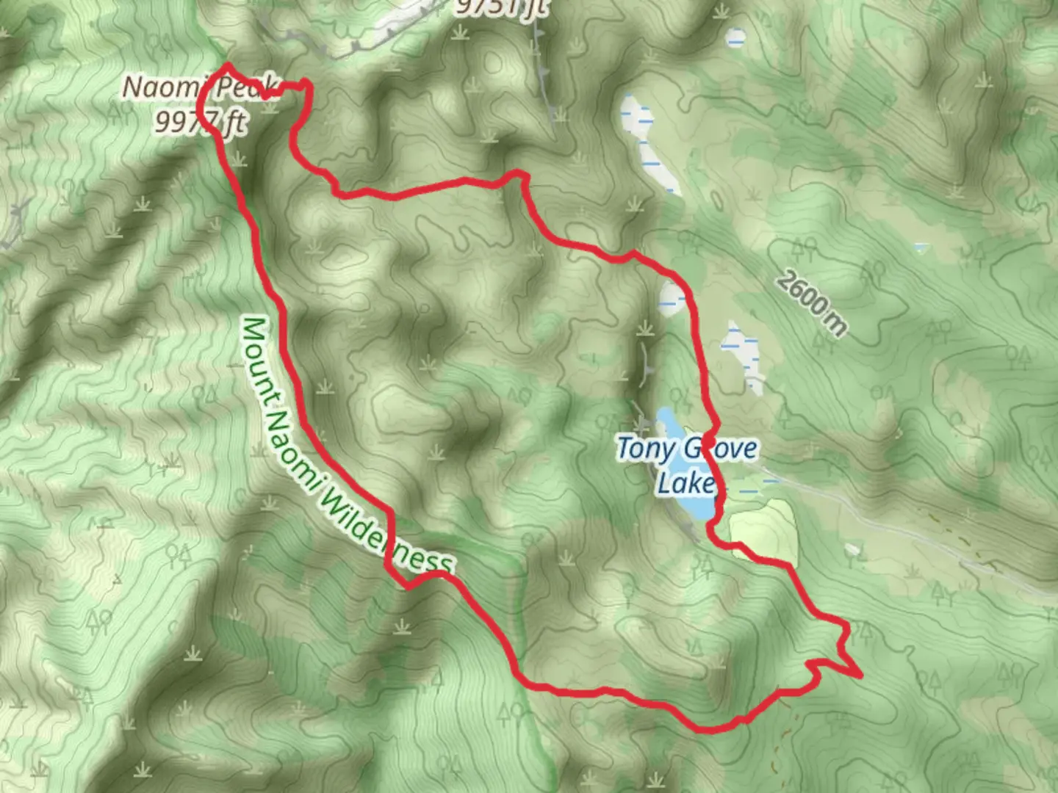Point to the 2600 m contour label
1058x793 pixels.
click(x=810, y=303)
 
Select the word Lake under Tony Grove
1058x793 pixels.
click(x=685, y=482)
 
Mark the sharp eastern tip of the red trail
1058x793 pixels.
click(x=860, y=675)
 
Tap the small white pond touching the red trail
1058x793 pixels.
click(x=672, y=298)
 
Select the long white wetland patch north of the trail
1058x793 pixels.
click(x=650, y=143)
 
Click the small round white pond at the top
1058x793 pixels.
click(x=735, y=37)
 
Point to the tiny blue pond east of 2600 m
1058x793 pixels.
click(x=921, y=247)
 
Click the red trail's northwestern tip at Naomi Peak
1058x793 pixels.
click(x=228, y=66)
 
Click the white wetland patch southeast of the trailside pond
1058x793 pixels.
click(x=744, y=355)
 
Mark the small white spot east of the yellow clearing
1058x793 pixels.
click(x=852, y=549)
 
